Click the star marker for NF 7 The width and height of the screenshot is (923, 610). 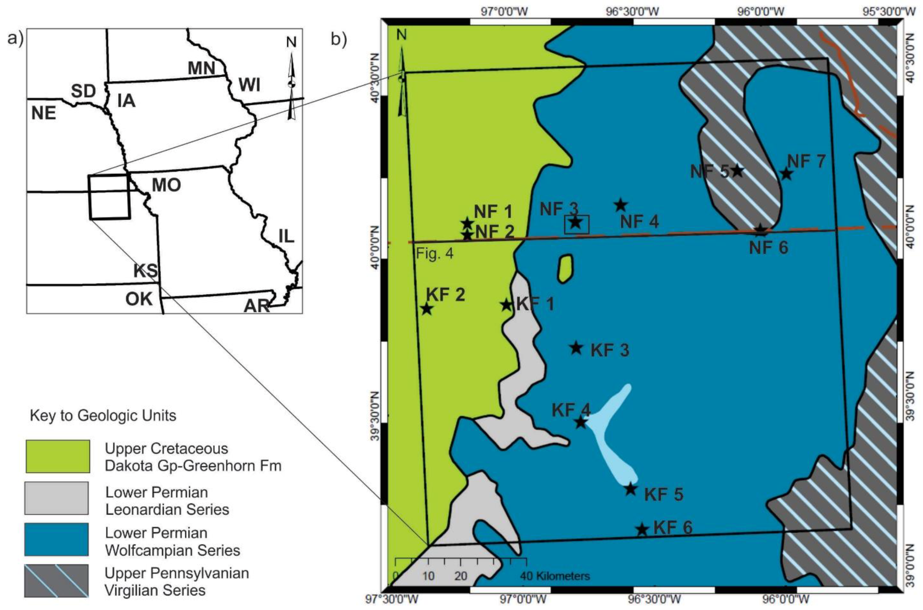(x=786, y=174)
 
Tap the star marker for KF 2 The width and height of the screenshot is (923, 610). (x=427, y=309)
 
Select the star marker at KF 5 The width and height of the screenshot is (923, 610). (x=630, y=489)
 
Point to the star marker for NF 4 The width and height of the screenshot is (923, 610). (x=621, y=205)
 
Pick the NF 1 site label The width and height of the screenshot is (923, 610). (x=493, y=212)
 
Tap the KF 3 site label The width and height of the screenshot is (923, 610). (x=610, y=350)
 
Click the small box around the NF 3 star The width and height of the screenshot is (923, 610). (x=577, y=225)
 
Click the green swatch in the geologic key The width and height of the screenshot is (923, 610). (x=57, y=456)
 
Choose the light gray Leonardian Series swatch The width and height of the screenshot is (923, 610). (x=57, y=498)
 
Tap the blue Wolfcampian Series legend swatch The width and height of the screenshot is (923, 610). (x=57, y=539)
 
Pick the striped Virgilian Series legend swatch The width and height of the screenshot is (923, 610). (x=57, y=580)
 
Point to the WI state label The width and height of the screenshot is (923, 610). (x=249, y=85)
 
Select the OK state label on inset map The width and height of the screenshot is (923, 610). (x=139, y=300)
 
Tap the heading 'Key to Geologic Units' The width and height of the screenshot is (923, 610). (x=103, y=415)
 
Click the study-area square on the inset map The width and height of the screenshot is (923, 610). (x=109, y=197)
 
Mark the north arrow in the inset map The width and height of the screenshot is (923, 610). (x=291, y=78)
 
